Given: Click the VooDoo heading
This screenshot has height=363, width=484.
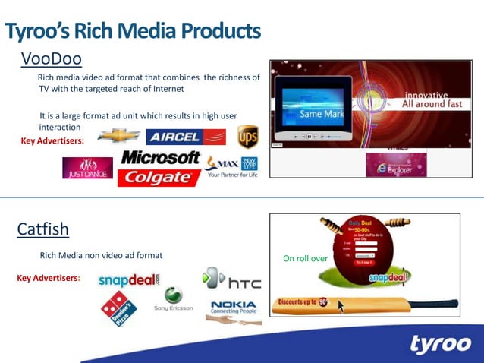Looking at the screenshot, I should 51,59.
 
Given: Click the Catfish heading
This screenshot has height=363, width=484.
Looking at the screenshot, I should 43,229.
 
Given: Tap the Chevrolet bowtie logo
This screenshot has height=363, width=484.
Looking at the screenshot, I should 119,136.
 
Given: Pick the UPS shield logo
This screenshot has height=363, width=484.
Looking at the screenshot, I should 247,137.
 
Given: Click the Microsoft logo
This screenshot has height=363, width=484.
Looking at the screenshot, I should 160,158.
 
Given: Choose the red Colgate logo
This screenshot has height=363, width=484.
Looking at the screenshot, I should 159,178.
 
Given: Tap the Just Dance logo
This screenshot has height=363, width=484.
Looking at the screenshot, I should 87,167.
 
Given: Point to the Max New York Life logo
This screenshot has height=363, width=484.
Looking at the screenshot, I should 231,165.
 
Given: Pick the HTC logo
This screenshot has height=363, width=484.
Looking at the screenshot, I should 232,280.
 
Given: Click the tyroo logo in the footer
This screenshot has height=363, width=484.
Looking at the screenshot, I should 440,343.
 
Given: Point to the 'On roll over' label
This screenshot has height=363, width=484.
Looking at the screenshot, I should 305,259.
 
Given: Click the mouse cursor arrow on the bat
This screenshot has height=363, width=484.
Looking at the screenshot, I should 341,306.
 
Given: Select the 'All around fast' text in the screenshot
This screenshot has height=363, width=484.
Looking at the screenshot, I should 429,103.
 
